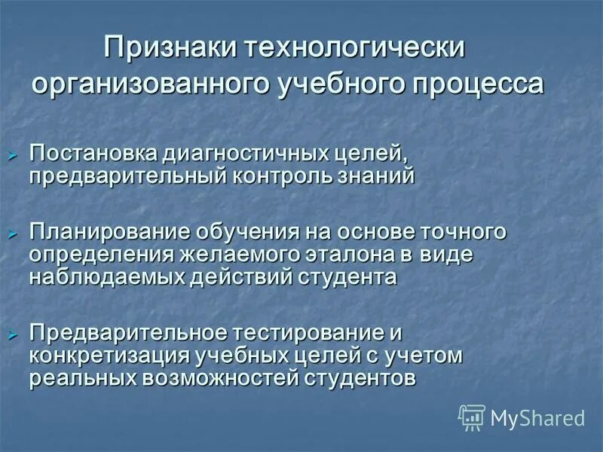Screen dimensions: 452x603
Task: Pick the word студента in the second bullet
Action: (346, 276)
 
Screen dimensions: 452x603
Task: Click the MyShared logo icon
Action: (472, 417)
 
